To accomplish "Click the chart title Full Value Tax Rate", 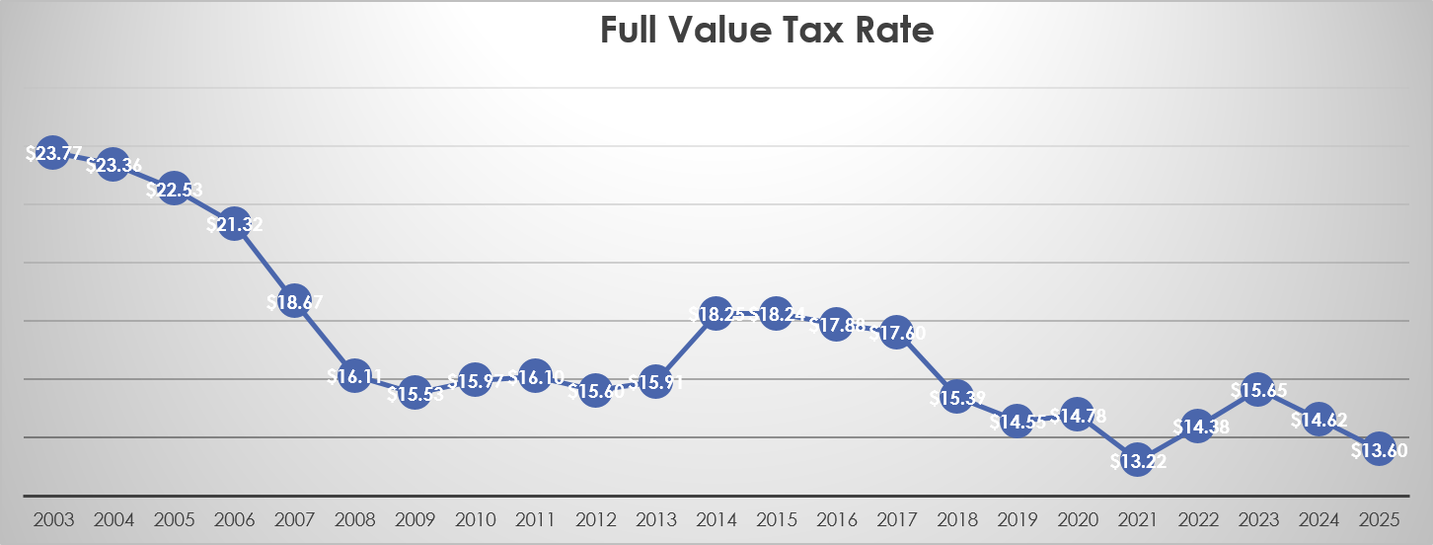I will click(x=766, y=32).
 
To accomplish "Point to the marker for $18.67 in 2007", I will click(x=293, y=303).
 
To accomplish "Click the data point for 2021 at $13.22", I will click(x=1137, y=459).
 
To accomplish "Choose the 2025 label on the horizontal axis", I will click(x=1379, y=519).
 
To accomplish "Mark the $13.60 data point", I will click(x=1379, y=449).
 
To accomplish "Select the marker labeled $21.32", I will click(x=234, y=225).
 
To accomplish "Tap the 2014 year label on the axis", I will click(x=716, y=519).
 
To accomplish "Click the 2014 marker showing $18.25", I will click(x=716, y=314).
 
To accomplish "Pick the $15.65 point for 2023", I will click(x=1258, y=390).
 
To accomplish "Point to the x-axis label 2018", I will click(x=956, y=519).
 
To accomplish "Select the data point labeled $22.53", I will click(x=174, y=190).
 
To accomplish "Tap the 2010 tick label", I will click(x=474, y=519).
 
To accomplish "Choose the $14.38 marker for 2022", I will click(x=1197, y=427).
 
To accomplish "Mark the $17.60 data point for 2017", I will click(x=896, y=333).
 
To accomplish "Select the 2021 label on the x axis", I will click(x=1137, y=519).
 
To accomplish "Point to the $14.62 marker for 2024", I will click(x=1319, y=419).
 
